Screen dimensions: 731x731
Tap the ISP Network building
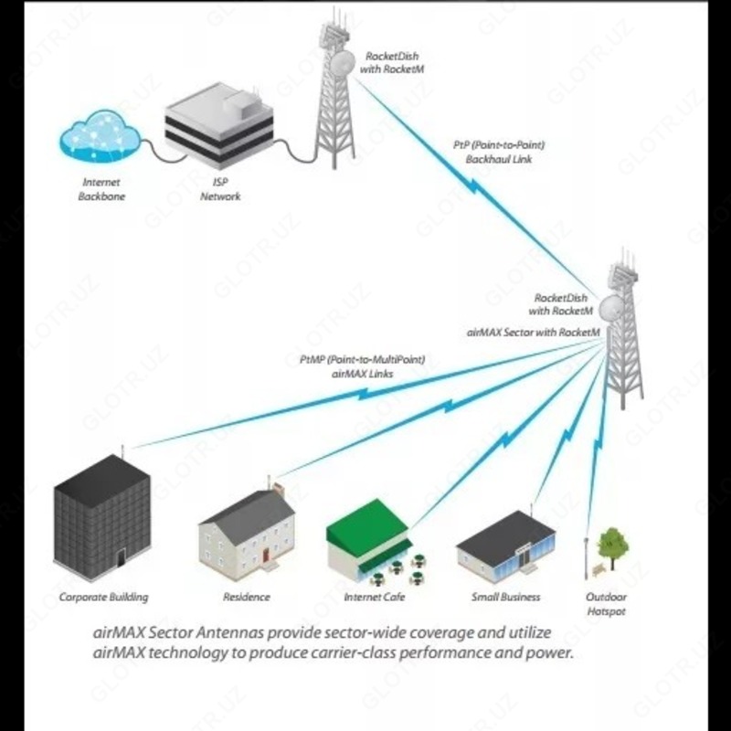(x=219, y=127)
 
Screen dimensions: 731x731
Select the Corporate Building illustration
(x=101, y=520)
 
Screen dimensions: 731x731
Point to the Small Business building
(x=505, y=546)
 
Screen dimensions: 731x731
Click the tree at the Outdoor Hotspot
(x=612, y=544)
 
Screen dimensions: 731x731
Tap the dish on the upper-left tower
(x=343, y=62)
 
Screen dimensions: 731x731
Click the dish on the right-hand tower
(x=610, y=306)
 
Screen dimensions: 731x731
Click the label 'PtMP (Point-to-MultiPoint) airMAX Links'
(x=362, y=366)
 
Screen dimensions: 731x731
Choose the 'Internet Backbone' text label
(x=101, y=189)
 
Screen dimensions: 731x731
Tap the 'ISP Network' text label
(x=220, y=189)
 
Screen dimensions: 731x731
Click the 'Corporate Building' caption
(x=103, y=597)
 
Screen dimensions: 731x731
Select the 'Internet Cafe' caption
(x=374, y=597)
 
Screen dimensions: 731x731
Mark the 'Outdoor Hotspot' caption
(x=607, y=603)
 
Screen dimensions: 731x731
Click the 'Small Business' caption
(x=505, y=597)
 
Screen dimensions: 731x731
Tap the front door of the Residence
(x=266, y=555)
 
